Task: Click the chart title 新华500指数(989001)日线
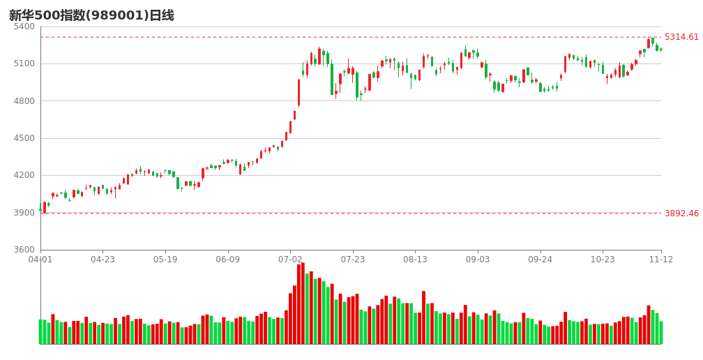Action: (x=91, y=15)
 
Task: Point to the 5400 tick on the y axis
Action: (x=24, y=27)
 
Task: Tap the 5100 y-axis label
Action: (x=24, y=63)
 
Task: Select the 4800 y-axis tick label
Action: (x=24, y=101)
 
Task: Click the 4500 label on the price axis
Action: (x=24, y=138)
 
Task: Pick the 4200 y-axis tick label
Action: (x=24, y=175)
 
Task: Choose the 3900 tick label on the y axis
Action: (x=24, y=213)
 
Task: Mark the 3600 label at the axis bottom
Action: (x=24, y=250)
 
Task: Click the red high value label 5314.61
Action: (x=681, y=37)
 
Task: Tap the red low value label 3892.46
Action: (x=681, y=213)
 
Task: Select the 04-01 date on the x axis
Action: (x=40, y=260)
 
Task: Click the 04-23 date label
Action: (x=103, y=260)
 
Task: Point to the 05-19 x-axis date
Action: (x=165, y=260)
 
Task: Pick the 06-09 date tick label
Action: (x=228, y=260)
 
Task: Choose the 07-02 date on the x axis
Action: (x=291, y=260)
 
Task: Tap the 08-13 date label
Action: (x=416, y=260)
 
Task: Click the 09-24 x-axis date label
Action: (x=541, y=260)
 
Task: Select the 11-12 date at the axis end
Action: (x=661, y=260)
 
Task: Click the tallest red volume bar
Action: (x=303, y=303)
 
